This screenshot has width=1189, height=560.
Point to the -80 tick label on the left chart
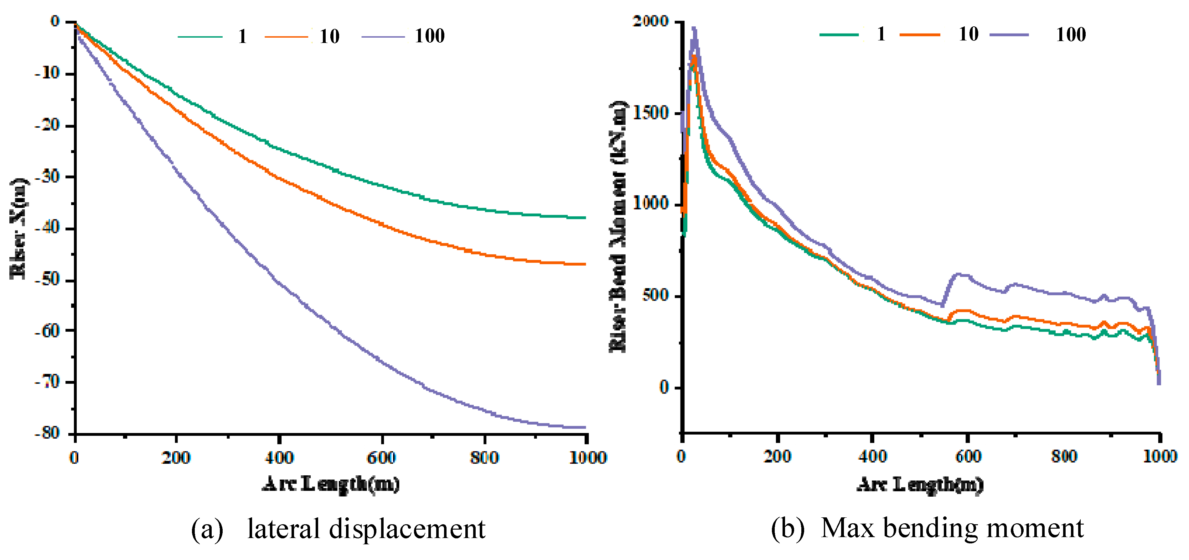pyautogui.click(x=48, y=433)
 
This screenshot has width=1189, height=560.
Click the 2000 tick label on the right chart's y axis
pyautogui.click(x=651, y=21)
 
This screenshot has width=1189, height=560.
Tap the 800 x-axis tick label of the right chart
pyautogui.click(x=1064, y=457)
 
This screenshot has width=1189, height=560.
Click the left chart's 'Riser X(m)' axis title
pyautogui.click(x=18, y=228)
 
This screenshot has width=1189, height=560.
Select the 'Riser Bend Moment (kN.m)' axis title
pyautogui.click(x=618, y=226)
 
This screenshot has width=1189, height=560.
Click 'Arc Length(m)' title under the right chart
pyautogui.click(x=920, y=484)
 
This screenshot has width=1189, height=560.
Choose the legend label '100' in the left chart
pyautogui.click(x=429, y=36)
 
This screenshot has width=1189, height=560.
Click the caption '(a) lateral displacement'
pyautogui.click(x=338, y=528)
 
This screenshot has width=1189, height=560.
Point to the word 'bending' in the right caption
pyautogui.click(x=930, y=528)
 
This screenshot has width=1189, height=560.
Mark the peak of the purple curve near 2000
pyautogui.click(x=694, y=29)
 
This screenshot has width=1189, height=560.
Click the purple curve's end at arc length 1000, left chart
pyautogui.click(x=585, y=427)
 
